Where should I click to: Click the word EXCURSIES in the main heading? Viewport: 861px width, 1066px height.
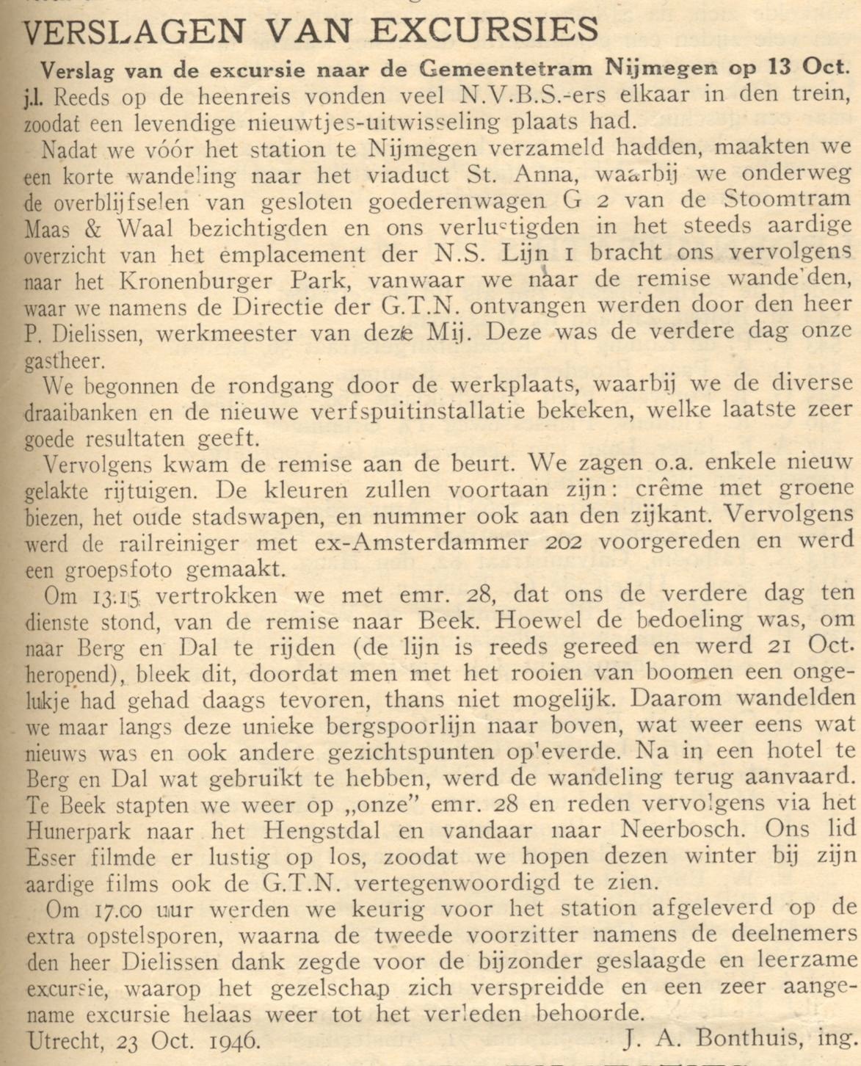click(485, 30)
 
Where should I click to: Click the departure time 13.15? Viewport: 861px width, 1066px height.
click(115, 595)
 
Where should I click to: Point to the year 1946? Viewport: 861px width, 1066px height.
click(225, 1040)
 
